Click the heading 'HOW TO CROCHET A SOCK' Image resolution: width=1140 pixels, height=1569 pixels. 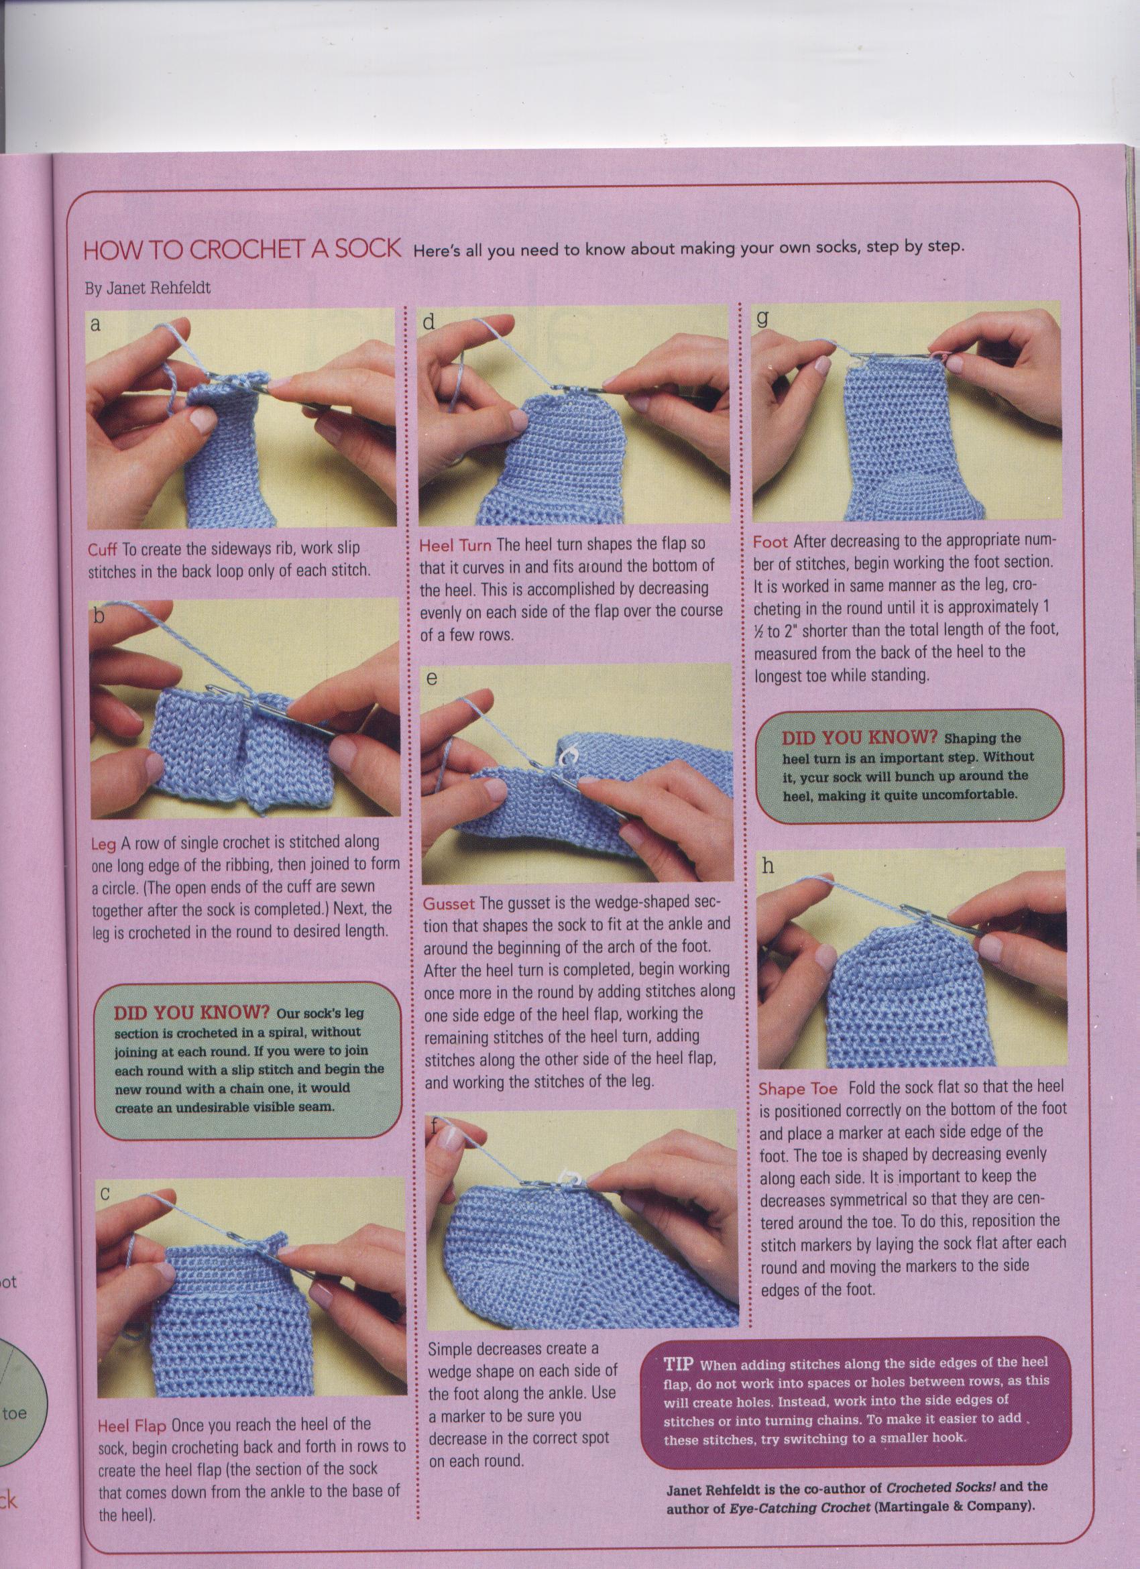point(242,250)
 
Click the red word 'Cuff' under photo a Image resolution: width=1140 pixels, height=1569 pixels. point(103,549)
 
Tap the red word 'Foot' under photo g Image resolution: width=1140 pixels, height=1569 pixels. point(771,541)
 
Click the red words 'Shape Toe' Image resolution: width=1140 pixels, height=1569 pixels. point(797,1088)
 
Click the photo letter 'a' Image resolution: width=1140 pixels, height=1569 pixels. point(95,324)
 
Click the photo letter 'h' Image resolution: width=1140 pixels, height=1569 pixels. point(768,866)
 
